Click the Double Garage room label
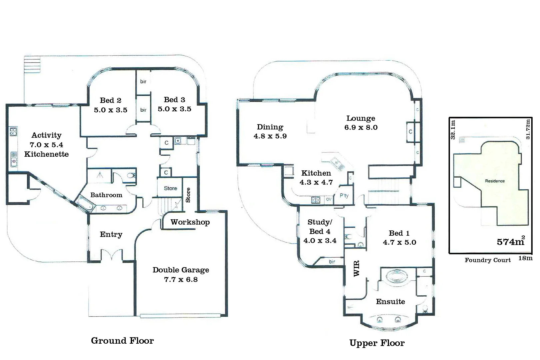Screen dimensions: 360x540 tap(181, 270)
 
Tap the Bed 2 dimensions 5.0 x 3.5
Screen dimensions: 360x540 tap(110, 110)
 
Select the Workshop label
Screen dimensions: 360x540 tap(190, 222)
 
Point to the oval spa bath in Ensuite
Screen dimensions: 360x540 tap(396, 276)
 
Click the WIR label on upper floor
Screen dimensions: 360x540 tap(356, 268)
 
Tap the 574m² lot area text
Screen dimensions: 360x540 tap(510, 242)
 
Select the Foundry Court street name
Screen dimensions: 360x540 tap(487, 260)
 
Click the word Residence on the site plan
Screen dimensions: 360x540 tap(495, 181)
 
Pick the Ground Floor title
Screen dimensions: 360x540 tap(122, 341)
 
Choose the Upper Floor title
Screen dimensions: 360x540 tap(377, 343)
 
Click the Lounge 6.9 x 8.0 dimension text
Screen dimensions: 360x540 tap(361, 127)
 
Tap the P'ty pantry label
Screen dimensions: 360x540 tap(344, 196)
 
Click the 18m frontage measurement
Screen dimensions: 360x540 tap(525, 258)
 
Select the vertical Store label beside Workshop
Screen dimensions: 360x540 tap(188, 195)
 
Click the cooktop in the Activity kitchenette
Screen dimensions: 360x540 tap(13, 131)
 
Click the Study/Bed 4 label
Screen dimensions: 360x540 tap(319, 227)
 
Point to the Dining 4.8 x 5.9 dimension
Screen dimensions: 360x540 tap(270, 136)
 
